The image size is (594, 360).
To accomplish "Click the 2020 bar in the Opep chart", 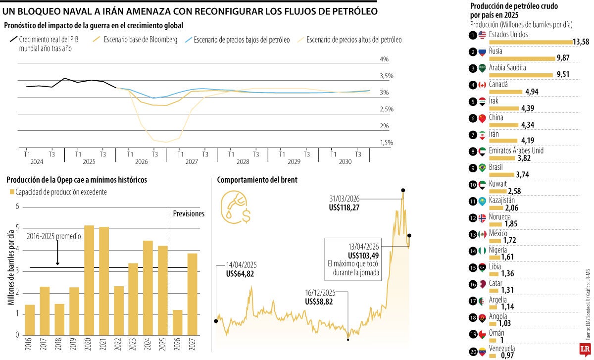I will pyautogui.click(x=89, y=280).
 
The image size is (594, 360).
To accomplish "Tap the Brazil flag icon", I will pyautogui.click(x=483, y=167).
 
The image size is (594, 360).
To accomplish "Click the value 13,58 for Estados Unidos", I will pyautogui.click(x=581, y=42).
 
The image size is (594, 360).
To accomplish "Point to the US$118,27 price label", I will pyautogui.click(x=344, y=208).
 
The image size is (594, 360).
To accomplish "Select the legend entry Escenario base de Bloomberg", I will pyautogui.click(x=140, y=40).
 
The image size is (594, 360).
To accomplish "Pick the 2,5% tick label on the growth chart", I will pyautogui.click(x=387, y=109).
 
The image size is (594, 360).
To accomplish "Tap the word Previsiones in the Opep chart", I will pyautogui.click(x=189, y=214).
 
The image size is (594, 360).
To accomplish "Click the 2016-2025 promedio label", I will pyautogui.click(x=54, y=237).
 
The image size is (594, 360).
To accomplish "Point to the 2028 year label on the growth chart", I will pyautogui.click(x=243, y=162).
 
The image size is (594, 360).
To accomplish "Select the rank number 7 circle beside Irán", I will pyautogui.click(x=473, y=135).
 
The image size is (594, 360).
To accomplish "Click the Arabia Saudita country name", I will pyautogui.click(x=507, y=68).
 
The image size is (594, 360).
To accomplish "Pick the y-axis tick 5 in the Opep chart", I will pyautogui.click(x=17, y=228).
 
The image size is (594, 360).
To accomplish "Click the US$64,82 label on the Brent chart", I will pyautogui.click(x=240, y=273).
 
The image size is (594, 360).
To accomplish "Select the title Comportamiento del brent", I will pyautogui.click(x=257, y=180).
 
